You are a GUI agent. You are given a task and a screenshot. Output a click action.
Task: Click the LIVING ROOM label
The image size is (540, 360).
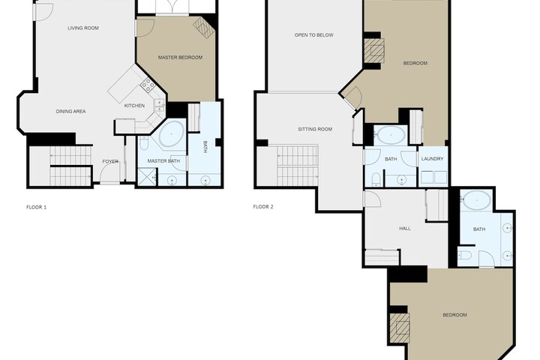[83, 28]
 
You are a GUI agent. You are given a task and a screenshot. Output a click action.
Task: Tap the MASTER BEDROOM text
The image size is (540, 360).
[180, 58]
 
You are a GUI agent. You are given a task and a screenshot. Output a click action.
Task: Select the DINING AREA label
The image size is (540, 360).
[71, 111]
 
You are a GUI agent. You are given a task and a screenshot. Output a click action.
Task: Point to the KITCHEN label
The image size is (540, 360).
[134, 106]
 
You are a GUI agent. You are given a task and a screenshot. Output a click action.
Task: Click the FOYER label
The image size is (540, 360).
[110, 161]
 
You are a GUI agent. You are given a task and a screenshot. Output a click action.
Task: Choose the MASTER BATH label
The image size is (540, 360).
[163, 161]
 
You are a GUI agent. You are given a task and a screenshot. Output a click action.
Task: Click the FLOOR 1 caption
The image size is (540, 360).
[36, 207]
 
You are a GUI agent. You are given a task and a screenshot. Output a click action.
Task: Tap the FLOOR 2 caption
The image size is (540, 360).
[263, 207]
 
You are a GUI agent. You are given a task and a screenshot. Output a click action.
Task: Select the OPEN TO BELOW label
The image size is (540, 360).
[314, 34]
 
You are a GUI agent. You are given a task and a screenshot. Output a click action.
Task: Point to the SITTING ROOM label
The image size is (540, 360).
[315, 129]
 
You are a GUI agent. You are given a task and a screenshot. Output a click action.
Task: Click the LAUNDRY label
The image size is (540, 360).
[433, 159]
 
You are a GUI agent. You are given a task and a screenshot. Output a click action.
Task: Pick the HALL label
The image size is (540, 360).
[405, 229]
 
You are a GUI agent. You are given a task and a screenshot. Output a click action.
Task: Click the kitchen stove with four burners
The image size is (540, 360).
[148, 85]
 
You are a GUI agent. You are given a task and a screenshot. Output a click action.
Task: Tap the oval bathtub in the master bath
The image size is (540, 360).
[172, 133]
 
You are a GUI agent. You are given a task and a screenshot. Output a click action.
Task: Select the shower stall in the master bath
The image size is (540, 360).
[145, 178]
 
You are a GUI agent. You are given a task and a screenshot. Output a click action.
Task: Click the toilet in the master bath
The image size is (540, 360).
[144, 143]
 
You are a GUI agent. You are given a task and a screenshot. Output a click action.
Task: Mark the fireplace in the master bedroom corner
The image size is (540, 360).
[204, 27]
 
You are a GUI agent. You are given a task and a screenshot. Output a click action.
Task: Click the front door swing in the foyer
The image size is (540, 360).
[109, 172]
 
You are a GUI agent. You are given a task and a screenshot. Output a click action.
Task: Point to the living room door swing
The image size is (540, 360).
[43, 11]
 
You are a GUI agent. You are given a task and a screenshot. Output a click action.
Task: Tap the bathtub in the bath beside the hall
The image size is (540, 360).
[477, 199]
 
